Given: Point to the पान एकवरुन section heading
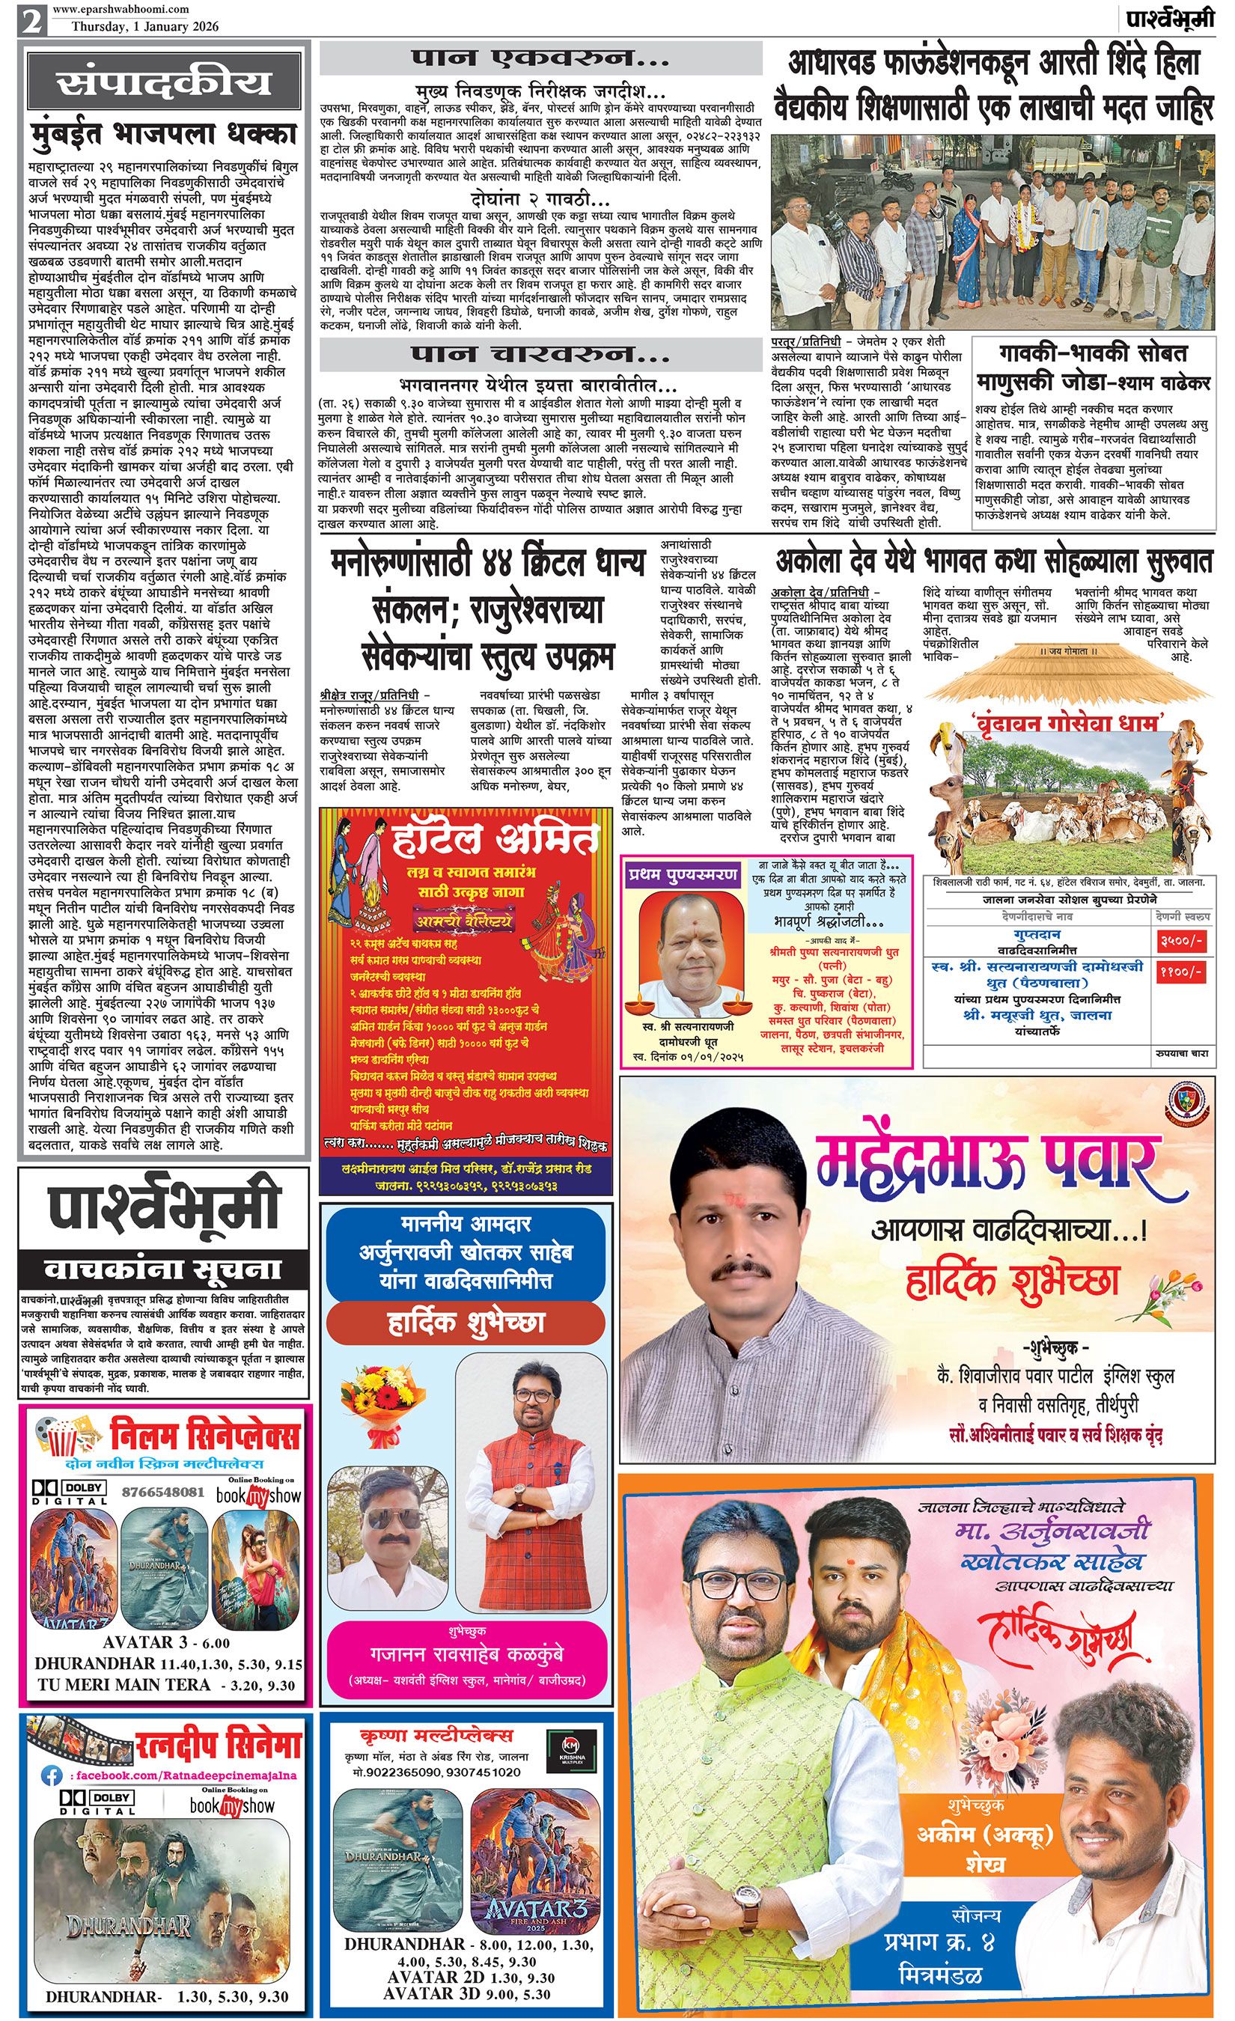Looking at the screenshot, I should (x=538, y=60).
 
